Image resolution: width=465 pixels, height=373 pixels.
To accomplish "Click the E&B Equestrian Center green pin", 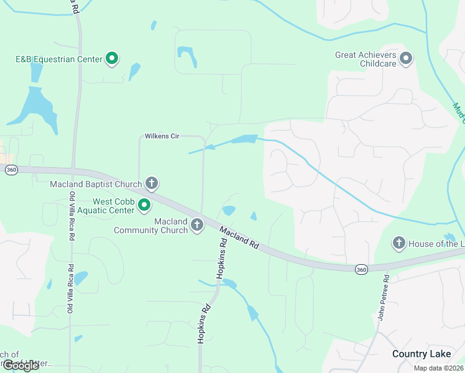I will [113, 59].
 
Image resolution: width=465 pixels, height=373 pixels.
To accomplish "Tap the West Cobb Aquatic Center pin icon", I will [145, 205].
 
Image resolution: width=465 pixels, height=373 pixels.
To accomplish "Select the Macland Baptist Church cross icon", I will [151, 183].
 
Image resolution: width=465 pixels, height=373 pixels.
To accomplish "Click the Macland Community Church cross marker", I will [197, 225].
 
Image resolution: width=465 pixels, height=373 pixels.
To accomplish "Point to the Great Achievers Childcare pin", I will [407, 59].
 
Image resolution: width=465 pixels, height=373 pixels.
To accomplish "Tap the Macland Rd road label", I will [238, 237].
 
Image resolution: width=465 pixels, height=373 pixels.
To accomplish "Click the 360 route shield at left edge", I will [11, 170].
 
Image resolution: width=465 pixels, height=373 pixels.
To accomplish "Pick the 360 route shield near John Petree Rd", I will [361, 269].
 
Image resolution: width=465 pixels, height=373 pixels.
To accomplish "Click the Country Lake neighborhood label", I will [421, 354].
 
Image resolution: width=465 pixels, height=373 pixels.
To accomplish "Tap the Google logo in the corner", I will [21, 366].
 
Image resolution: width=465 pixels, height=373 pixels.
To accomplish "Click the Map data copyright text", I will [438, 368].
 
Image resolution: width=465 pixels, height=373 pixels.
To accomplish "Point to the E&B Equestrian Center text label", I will [59, 60].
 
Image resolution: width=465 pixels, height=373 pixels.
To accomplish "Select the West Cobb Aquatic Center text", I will [113, 206].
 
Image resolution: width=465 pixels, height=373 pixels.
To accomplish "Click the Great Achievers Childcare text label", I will [366, 59].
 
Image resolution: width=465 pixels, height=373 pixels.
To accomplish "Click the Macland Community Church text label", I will [151, 226].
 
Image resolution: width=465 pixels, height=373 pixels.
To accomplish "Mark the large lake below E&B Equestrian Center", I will [39, 107].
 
